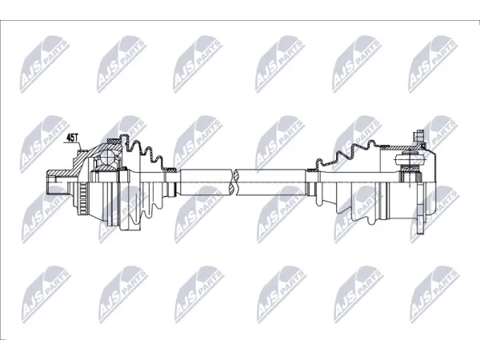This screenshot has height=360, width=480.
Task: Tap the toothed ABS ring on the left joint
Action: (x=83, y=197)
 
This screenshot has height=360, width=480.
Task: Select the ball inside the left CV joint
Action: (x=108, y=158)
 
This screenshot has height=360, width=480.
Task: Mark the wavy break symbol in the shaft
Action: (x=236, y=182)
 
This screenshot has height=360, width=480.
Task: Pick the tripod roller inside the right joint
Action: (x=410, y=159)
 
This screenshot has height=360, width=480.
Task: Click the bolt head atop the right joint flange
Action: (x=419, y=134)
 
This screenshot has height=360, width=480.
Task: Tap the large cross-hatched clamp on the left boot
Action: (x=114, y=141)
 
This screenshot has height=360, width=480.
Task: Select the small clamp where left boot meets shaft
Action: (x=170, y=169)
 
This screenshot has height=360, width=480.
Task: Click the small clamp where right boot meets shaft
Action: (x=312, y=170)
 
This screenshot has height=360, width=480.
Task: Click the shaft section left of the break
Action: (x=206, y=182)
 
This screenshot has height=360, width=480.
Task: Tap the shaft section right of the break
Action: (x=272, y=182)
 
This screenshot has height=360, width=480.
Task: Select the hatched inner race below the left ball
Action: (x=107, y=168)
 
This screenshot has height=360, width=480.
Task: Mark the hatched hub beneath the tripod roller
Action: (x=410, y=169)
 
